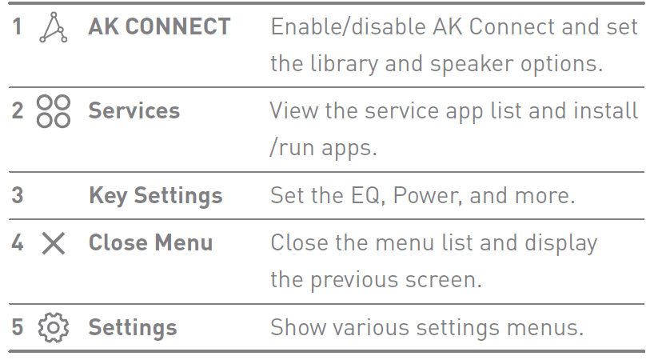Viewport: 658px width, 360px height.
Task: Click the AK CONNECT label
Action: click(158, 26)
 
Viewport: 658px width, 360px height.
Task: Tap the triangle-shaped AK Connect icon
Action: click(53, 28)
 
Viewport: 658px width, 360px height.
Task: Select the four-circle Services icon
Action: click(53, 110)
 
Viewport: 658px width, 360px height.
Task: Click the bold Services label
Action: click(134, 110)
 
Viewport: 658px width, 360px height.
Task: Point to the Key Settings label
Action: click(155, 195)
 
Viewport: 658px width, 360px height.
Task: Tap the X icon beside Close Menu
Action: click(53, 243)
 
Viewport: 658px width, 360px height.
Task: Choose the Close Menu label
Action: click(150, 242)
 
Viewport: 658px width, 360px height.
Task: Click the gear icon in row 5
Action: click(53, 327)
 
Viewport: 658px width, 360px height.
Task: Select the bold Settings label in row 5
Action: click(133, 327)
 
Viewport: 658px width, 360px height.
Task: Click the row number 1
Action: click(18, 26)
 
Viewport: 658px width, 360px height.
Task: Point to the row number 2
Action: click(18, 110)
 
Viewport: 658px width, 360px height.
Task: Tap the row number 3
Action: click(18, 195)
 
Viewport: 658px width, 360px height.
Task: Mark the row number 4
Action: click(18, 242)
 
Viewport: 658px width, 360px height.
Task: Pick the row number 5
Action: click(18, 327)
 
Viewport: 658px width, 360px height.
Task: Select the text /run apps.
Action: click(323, 148)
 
